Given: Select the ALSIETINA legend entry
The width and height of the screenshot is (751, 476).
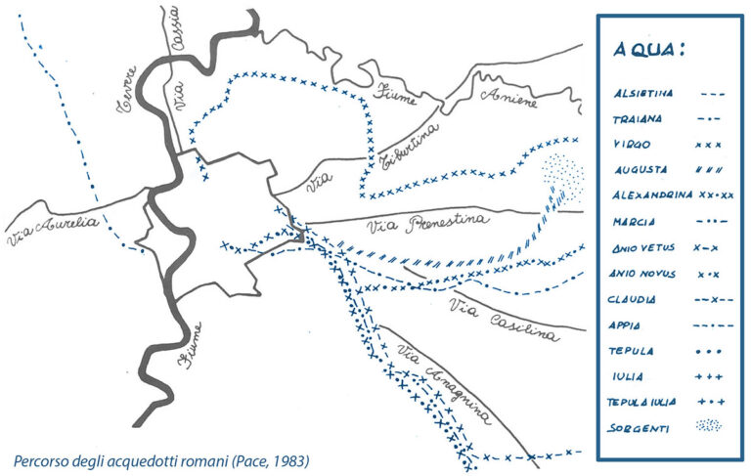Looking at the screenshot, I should [641, 95].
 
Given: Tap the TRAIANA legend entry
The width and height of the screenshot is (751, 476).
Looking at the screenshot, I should [638, 119].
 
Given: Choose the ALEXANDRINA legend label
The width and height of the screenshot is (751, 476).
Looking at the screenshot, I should [651, 195].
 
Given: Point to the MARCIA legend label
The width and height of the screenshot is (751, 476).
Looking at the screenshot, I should [634, 221].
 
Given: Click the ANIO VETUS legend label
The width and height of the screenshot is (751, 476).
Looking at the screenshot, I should [644, 247].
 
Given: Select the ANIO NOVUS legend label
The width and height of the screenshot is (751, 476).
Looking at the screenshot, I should [644, 274].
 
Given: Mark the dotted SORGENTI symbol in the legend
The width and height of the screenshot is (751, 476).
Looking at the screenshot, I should [710, 426].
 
